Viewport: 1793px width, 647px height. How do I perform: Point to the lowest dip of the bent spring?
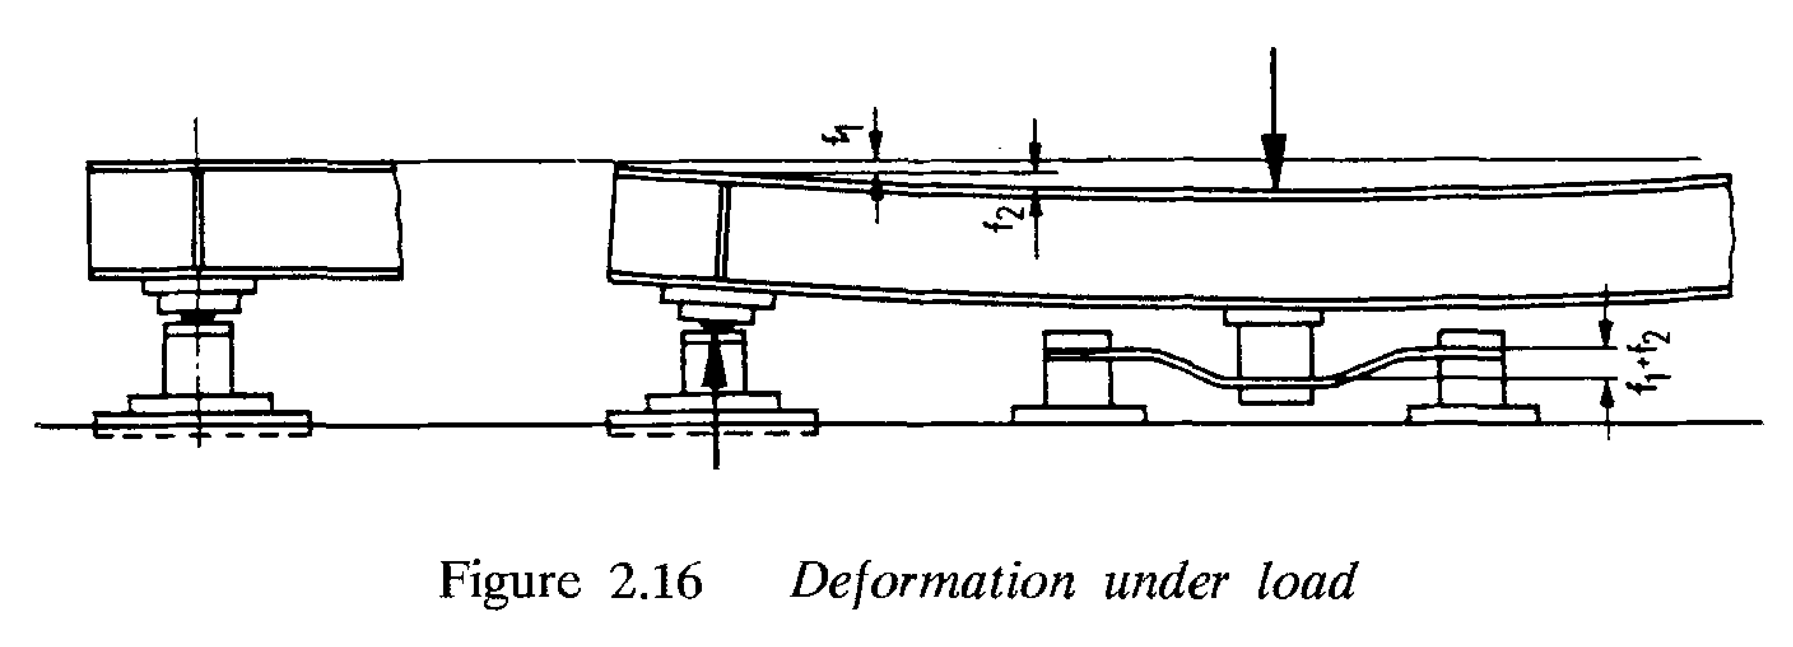(x=1274, y=384)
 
